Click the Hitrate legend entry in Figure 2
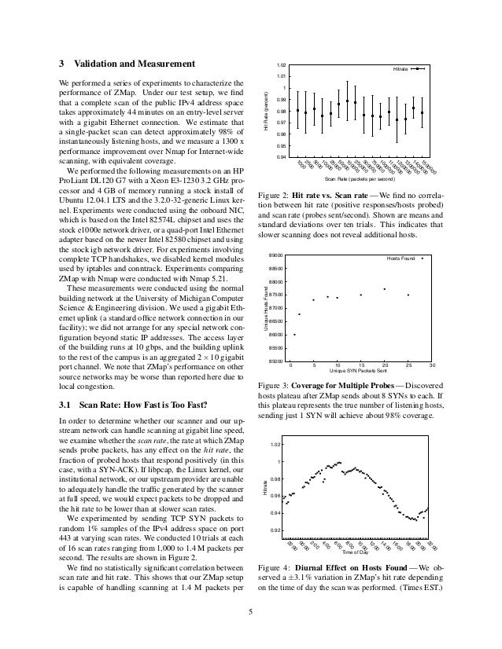[399, 70]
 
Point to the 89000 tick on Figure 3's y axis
[276, 255]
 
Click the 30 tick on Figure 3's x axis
[432, 366]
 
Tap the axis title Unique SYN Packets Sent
[360, 372]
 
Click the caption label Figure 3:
[275, 386]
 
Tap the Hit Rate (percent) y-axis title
[267, 111]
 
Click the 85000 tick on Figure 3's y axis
[276, 361]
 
